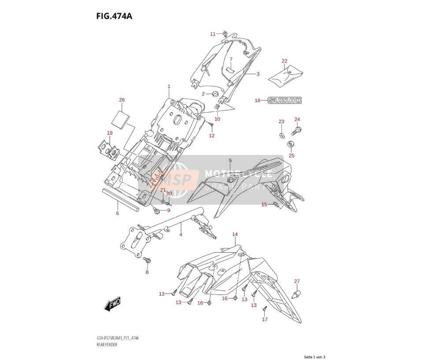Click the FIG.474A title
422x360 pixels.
114,16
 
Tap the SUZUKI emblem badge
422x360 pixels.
285,100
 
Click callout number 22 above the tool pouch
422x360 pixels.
285,61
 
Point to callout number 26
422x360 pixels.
122,100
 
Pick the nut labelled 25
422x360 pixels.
291,144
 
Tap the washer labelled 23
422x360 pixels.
281,135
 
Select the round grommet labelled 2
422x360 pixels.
215,94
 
